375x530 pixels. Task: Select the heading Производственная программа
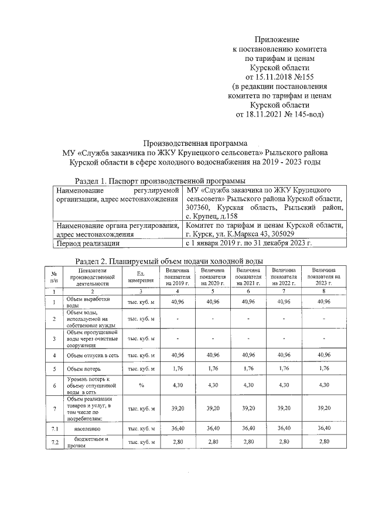coord(196,143)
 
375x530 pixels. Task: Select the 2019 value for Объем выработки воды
coord(178,301)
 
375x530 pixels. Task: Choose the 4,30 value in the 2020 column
coord(212,385)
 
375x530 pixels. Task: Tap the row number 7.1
coord(54,429)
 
